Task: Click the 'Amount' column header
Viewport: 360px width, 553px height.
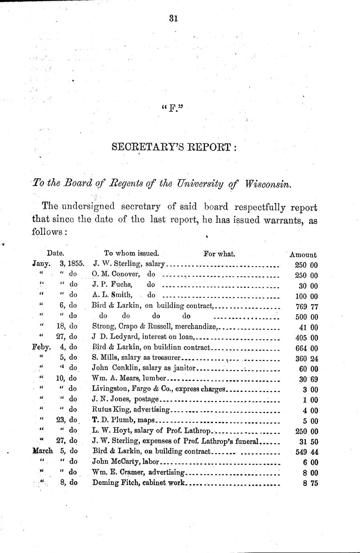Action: (303, 254)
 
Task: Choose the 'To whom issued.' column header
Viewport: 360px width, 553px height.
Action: (131, 253)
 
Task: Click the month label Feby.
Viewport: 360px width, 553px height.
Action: (40, 347)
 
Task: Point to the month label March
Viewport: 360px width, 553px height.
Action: (42, 451)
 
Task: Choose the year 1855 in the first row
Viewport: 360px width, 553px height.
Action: (75, 264)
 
